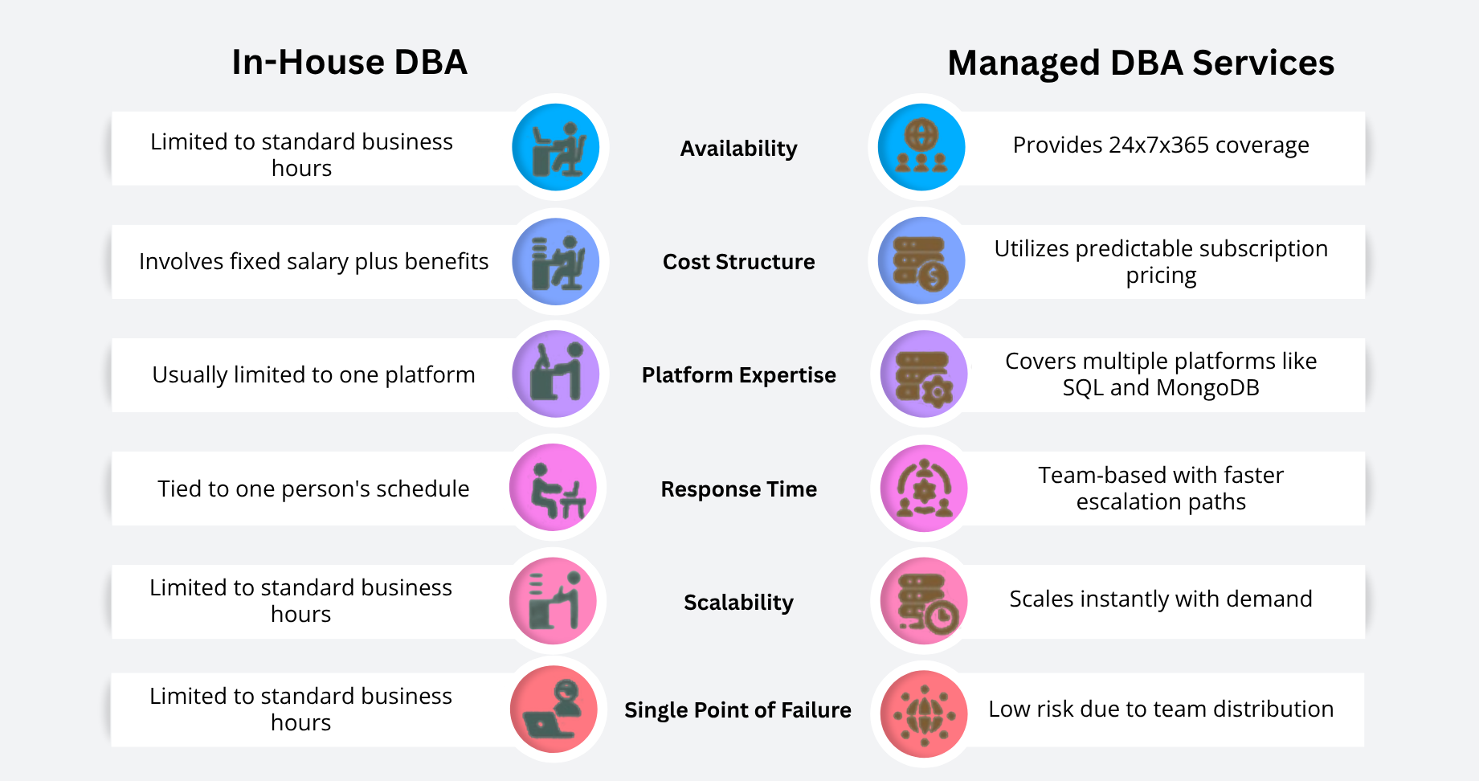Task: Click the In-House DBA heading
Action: [x=349, y=62]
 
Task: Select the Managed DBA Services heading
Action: [x=1141, y=63]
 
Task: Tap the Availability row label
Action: [x=738, y=149]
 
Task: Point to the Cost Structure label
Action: [x=738, y=262]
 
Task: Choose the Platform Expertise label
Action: [x=738, y=375]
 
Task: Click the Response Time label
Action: [x=738, y=489]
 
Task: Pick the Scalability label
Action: [x=738, y=603]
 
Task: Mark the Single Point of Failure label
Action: [x=737, y=710]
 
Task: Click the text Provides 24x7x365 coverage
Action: [x=1161, y=145]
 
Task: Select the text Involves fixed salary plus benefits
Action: [x=313, y=262]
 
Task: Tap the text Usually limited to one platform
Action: [x=313, y=375]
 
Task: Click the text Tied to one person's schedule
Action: [x=313, y=489]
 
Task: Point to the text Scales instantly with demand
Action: [x=1161, y=599]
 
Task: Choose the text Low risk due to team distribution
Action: [x=1161, y=709]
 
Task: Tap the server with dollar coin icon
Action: [x=921, y=262]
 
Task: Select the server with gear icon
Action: [x=924, y=375]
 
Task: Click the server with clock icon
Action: [x=924, y=602]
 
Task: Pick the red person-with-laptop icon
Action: [x=554, y=709]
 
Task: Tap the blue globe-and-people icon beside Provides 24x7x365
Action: [x=921, y=147]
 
